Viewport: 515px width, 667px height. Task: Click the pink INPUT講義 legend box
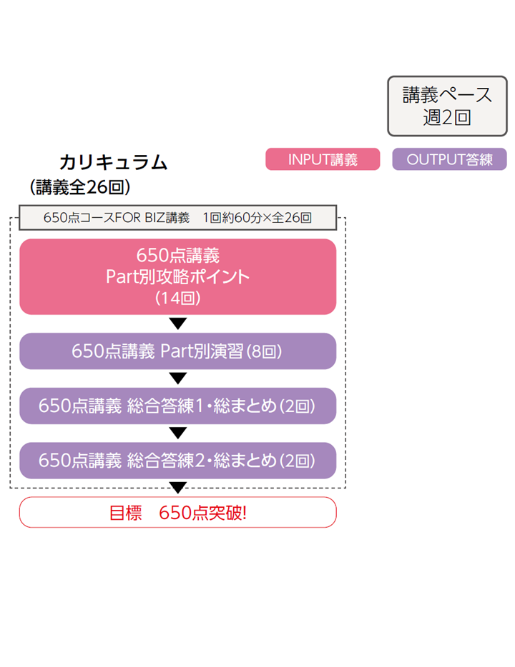coord(323,159)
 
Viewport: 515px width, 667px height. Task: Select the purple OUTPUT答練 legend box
coord(449,159)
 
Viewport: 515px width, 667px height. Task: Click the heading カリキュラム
coord(113,163)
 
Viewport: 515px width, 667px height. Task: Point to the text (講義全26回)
coord(79,187)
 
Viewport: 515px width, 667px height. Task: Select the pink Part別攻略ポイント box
coord(177,276)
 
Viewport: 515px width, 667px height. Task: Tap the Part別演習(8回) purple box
coord(177,351)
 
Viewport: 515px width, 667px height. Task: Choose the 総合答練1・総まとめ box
coord(177,406)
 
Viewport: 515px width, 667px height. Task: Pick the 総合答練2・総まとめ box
coord(177,461)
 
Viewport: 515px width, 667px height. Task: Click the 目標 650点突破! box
coord(177,512)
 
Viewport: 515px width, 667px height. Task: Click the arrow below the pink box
coord(178,324)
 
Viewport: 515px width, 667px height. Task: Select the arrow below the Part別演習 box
coord(178,378)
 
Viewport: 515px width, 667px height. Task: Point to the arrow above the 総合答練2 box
coord(178,433)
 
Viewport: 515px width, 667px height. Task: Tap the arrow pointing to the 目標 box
coord(178,488)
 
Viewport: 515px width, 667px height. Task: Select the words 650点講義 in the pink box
coord(177,255)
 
